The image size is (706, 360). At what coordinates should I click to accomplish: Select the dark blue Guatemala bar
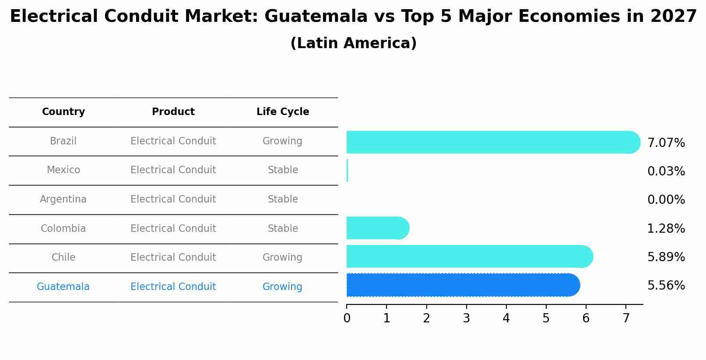(x=462, y=285)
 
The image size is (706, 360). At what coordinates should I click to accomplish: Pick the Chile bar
(x=468, y=257)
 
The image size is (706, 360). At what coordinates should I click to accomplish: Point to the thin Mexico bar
(x=348, y=171)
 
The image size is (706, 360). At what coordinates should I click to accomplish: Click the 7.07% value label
(x=666, y=143)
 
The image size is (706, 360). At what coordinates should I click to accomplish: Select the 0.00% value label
(x=666, y=200)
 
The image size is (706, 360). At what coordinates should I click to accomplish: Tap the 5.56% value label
(x=666, y=286)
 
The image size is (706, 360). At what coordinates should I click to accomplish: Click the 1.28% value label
(x=666, y=228)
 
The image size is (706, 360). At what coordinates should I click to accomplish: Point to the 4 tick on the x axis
(x=506, y=318)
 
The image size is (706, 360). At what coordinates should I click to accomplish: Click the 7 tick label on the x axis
(x=626, y=318)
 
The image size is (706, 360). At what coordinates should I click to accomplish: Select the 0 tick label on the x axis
(x=347, y=318)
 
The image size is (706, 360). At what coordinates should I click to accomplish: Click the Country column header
(x=63, y=112)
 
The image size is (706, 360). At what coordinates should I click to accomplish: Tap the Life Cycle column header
(x=283, y=112)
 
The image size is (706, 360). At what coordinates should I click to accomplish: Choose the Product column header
(x=173, y=112)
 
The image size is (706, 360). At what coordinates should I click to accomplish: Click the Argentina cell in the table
(x=63, y=199)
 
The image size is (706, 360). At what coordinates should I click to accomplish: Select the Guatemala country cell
(x=63, y=287)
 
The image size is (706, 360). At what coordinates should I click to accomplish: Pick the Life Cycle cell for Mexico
(x=283, y=170)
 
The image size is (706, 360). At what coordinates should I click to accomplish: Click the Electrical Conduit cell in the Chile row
(x=173, y=258)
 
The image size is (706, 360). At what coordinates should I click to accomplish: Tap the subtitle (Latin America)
(x=353, y=43)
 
